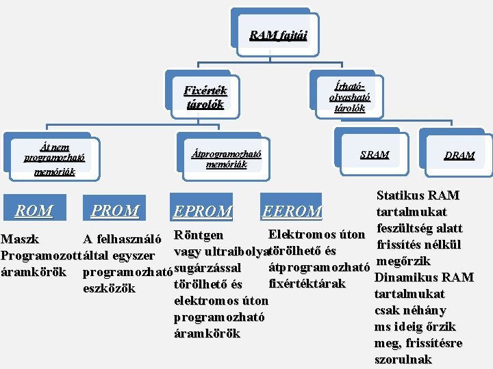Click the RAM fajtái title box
click(278, 35)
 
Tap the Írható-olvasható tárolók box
click(349, 96)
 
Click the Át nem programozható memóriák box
click(55, 159)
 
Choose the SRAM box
click(375, 155)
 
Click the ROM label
click(34, 211)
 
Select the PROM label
click(114, 211)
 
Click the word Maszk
click(20, 239)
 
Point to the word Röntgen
click(199, 235)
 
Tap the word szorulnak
click(403, 359)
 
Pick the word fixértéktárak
click(307, 284)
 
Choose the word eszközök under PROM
click(109, 288)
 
